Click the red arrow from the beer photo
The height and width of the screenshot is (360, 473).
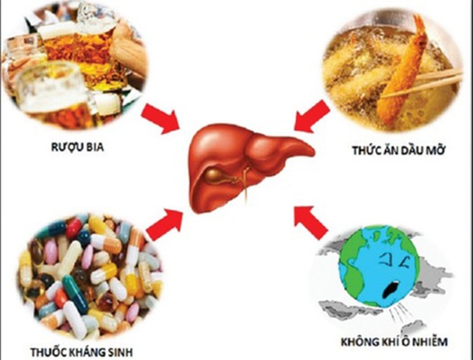click(161, 118)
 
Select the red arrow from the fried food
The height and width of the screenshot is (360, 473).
click(312, 117)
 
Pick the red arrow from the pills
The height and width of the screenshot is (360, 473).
click(165, 224)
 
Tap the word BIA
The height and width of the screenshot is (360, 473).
click(96, 147)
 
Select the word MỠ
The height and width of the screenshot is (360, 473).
click(434, 150)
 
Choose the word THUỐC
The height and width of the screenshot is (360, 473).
click(48, 352)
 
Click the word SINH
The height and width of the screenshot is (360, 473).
click(120, 352)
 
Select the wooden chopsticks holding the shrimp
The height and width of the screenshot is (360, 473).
click(422, 83)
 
